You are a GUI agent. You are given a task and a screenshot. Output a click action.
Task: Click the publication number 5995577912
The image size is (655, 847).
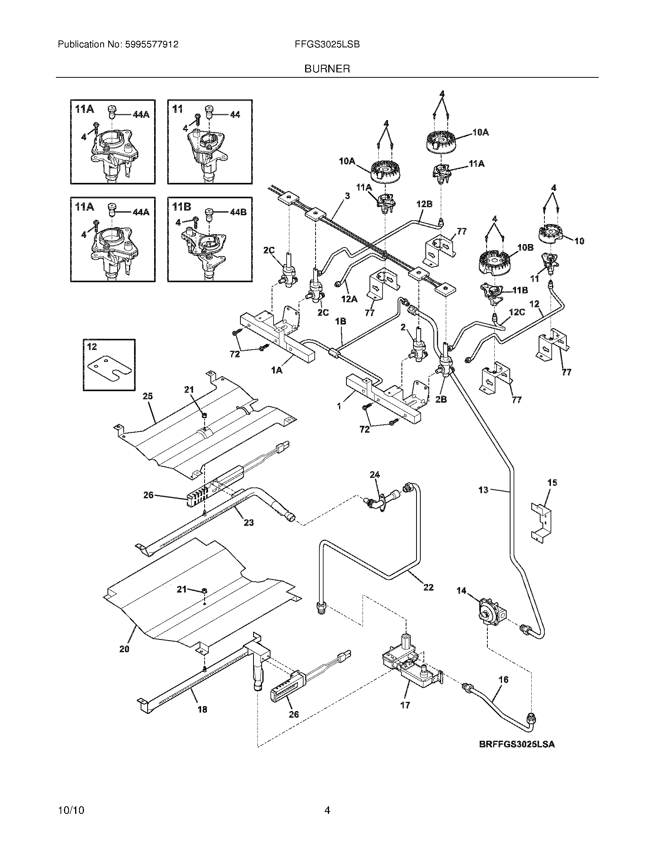(152, 45)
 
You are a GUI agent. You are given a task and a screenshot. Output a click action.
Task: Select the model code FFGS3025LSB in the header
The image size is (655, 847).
(327, 45)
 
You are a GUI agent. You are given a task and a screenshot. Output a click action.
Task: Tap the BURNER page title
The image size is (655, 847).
(327, 69)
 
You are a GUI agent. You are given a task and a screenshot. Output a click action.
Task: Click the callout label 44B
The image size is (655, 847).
(238, 212)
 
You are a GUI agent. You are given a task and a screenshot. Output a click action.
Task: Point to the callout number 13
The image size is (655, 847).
(483, 490)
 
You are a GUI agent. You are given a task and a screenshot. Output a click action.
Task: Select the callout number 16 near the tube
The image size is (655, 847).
(503, 680)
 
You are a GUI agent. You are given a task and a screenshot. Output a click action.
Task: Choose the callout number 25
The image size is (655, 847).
(148, 396)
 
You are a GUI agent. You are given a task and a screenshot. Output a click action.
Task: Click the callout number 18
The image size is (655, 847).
(202, 709)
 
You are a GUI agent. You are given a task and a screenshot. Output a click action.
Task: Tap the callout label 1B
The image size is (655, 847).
(341, 321)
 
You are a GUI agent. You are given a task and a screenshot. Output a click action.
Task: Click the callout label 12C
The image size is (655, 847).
(517, 311)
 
